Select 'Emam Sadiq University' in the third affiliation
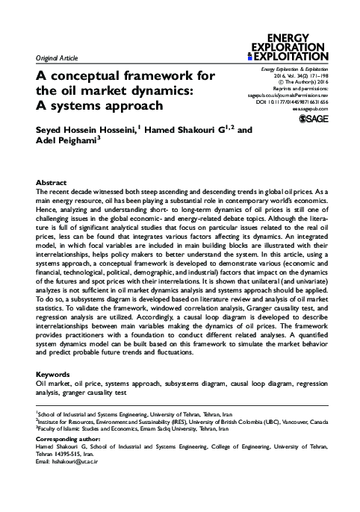[165, 428]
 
